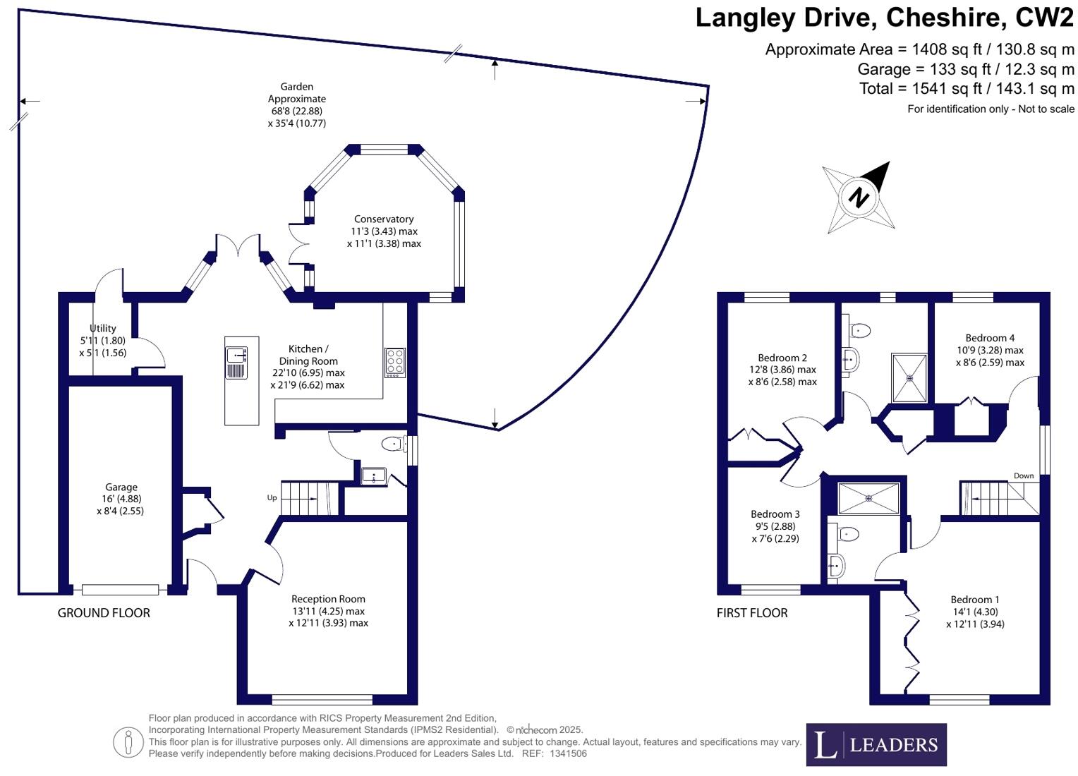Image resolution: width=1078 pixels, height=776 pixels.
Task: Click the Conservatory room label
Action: coord(384,219)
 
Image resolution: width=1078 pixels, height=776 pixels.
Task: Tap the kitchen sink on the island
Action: coord(236,362)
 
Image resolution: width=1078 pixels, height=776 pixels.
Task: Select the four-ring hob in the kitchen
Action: coord(395,363)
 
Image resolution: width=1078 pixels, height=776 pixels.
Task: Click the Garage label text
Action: coord(121,487)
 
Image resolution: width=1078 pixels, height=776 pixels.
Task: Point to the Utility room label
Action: coord(103,328)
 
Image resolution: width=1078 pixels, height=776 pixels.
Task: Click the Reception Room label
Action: coord(328,599)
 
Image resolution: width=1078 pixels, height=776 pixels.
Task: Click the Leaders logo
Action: coord(876,744)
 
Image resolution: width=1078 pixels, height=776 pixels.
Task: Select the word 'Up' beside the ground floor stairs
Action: coord(272,498)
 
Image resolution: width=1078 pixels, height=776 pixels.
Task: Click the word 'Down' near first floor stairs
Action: coord(1024,475)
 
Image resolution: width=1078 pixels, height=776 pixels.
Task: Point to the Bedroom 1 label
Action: coord(974,600)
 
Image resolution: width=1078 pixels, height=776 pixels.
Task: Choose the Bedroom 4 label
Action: coord(990,338)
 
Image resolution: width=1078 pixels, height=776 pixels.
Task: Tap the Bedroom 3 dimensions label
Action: coord(775,533)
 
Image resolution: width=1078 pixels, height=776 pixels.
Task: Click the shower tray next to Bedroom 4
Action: coord(909,377)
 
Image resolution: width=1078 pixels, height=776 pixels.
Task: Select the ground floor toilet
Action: coord(392,444)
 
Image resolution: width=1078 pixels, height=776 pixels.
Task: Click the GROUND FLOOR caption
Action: coord(104,613)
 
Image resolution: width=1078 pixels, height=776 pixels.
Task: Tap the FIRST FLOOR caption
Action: coord(752,613)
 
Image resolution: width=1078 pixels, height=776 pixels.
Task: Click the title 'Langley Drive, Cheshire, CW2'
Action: coord(884,18)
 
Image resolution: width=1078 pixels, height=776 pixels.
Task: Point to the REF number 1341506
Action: coord(567,753)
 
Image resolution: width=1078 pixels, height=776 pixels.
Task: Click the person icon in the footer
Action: coord(128,742)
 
